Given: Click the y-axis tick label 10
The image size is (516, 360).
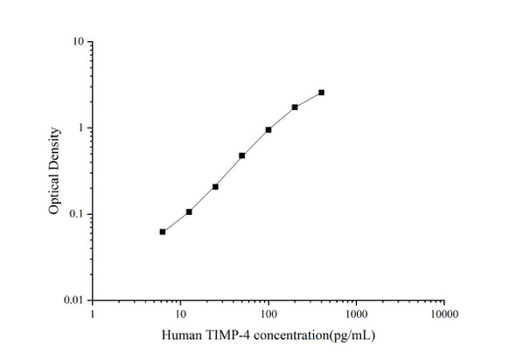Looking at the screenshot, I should pos(78,42).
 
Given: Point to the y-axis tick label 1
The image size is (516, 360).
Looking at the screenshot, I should pos(80,128).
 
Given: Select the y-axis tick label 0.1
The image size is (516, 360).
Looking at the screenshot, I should pos(76,215).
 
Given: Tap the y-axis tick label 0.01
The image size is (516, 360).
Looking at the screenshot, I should pos(73,301).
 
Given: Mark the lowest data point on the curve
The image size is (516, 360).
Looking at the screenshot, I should pos(163,232).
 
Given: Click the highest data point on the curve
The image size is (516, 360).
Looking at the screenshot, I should pos(321,93).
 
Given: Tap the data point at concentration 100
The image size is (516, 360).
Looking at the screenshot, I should pos(268,130).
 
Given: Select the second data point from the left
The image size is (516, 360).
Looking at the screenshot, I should pos(189,211).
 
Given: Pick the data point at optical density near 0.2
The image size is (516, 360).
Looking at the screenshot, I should pos(215,186).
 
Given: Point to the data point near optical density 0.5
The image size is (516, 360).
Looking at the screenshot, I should pos(241,156).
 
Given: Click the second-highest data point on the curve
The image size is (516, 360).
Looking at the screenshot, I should pos(295,107).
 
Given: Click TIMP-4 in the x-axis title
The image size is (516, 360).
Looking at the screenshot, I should pos(226,336).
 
